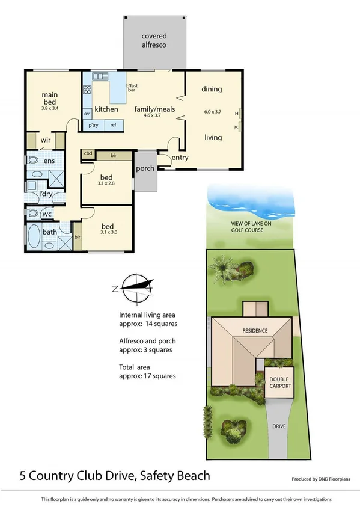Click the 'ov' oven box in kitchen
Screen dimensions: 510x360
(87, 113)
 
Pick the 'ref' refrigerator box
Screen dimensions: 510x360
(113, 125)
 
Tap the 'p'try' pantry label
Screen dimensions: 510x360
(94, 125)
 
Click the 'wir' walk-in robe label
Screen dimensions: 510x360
(44, 141)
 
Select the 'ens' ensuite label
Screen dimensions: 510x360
(49, 161)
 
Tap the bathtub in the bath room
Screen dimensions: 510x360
(34, 237)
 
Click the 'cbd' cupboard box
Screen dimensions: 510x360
(88, 155)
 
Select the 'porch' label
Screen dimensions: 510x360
(145, 168)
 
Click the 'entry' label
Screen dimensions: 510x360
(180, 158)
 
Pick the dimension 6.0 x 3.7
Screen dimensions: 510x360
(213, 112)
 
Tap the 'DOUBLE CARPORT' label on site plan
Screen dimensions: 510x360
(279, 382)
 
